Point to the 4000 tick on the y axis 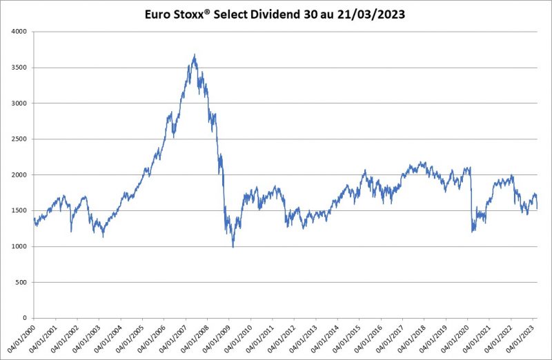[x=19, y=32]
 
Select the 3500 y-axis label [x=19, y=68]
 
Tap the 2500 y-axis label [x=19, y=139]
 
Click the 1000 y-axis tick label [x=19, y=247]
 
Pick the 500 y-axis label [x=21, y=283]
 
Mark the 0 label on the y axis [x=25, y=319]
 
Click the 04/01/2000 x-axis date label [x=19, y=339]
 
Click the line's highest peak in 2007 [x=195, y=55]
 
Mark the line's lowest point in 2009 [x=233, y=246]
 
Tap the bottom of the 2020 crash [x=472, y=232]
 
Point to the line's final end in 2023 [x=537, y=208]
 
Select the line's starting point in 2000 [x=33, y=219]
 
